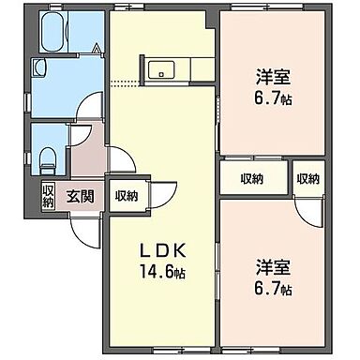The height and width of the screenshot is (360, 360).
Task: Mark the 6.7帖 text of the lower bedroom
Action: click(272, 287)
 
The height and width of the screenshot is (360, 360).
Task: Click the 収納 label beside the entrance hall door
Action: click(127, 196)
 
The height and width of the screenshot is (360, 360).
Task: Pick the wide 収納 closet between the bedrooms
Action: click(249, 178)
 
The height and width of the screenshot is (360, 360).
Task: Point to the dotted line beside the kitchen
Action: click(122, 84)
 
